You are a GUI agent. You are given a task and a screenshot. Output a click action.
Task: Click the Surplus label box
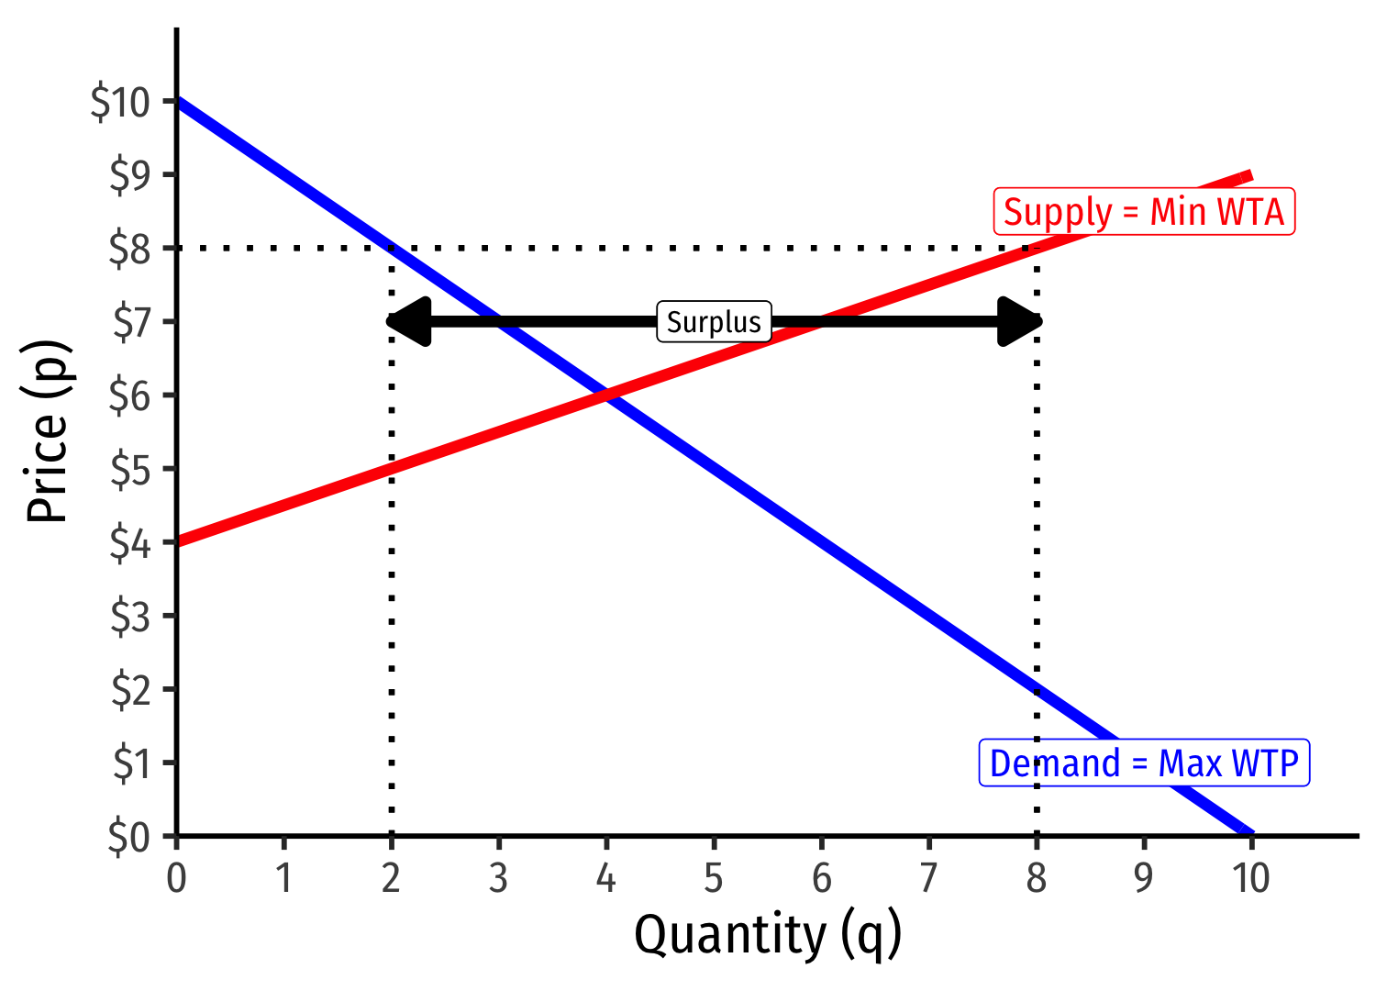coord(714,322)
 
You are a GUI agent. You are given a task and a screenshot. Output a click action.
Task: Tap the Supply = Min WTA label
coord(1144,212)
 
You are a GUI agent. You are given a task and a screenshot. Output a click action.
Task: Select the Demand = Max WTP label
coord(1144,763)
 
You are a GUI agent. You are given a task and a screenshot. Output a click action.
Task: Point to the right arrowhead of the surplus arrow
coord(1020,322)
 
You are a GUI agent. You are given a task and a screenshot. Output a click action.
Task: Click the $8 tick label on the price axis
coord(129,249)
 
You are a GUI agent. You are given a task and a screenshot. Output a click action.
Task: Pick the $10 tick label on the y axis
coord(120,102)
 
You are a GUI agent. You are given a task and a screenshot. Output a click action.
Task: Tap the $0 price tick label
coord(129,837)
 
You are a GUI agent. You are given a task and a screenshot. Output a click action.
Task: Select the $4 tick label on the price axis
coord(129,543)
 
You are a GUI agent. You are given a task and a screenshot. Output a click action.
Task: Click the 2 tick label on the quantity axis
coord(392,878)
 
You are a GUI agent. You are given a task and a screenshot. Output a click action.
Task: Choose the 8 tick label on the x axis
coord(1037,878)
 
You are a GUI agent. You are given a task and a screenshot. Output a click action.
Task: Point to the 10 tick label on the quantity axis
coord(1251,878)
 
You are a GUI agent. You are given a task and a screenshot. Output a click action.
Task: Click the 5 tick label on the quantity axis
coord(714,878)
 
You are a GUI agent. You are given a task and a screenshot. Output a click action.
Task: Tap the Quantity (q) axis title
coord(768,936)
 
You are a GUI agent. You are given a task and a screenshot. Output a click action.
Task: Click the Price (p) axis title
coord(48,431)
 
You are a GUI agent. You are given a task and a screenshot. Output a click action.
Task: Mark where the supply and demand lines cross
coord(606,395)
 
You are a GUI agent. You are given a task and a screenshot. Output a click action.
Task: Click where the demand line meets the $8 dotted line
coord(392,248)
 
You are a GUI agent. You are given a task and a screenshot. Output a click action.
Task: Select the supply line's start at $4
coord(178,541)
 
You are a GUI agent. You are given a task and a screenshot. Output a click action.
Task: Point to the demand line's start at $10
coord(178,101)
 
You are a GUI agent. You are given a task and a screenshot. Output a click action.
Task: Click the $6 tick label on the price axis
coord(129,395)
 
